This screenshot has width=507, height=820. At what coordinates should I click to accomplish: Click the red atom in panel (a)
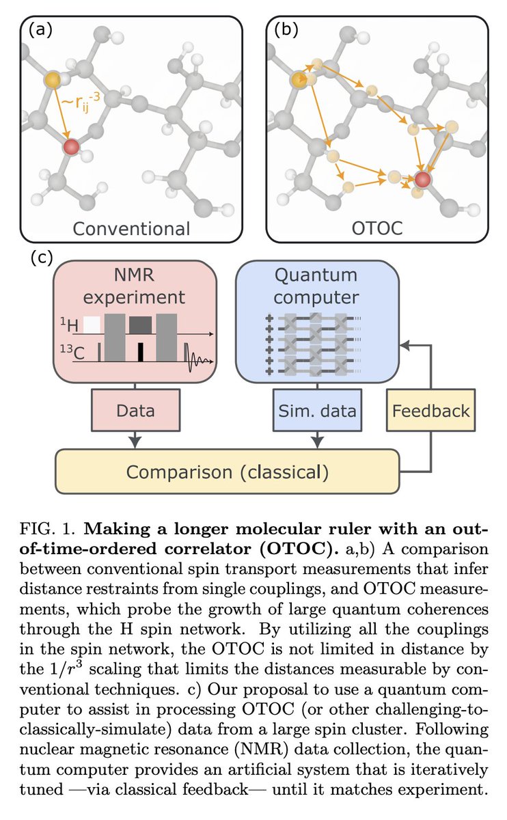(x=71, y=147)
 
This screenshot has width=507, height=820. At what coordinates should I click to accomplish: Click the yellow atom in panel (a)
(x=53, y=79)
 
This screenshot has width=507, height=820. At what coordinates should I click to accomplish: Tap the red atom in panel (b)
(x=423, y=180)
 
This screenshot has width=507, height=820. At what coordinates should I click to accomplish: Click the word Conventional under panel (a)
(x=131, y=229)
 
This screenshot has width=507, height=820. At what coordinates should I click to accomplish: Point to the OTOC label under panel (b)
(x=377, y=228)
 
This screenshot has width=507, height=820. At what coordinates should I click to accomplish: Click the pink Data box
(x=135, y=410)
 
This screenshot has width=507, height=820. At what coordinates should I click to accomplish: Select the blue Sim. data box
(x=317, y=410)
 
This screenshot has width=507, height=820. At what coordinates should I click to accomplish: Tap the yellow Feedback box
(x=431, y=410)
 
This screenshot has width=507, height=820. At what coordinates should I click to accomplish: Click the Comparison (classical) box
(x=228, y=471)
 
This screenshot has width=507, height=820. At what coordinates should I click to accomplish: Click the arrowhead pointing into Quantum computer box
(x=404, y=345)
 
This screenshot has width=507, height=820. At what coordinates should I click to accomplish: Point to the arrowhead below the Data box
(x=135, y=442)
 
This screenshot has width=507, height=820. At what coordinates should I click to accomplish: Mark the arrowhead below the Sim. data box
(x=317, y=442)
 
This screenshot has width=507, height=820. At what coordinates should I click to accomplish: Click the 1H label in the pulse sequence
(x=70, y=325)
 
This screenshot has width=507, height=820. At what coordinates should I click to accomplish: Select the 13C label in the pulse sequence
(x=72, y=352)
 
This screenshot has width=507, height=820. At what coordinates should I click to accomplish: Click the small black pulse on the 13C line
(x=141, y=352)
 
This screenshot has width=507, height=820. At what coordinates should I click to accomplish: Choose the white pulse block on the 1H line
(x=92, y=325)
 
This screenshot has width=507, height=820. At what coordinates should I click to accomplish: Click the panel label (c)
(x=42, y=258)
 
